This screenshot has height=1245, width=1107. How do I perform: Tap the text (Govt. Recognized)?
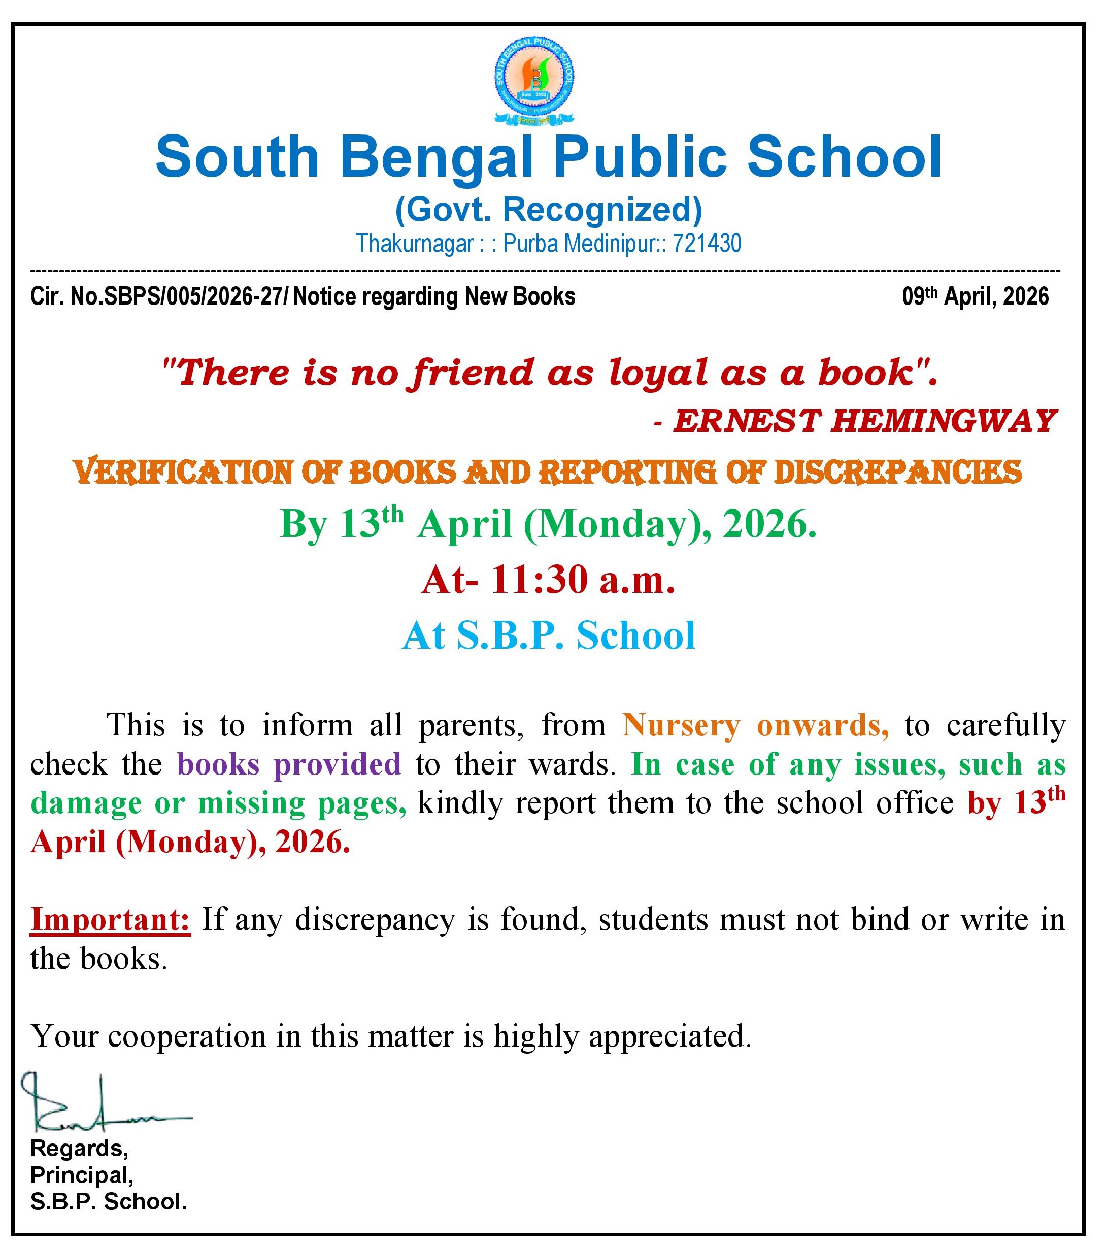point(548,210)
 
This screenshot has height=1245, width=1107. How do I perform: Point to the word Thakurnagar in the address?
point(414,244)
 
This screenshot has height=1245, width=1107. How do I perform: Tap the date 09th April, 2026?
point(976,296)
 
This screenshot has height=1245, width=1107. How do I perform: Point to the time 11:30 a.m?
point(584,579)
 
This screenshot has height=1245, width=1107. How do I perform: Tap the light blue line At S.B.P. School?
point(548,635)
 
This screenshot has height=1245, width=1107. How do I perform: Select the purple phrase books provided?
point(289,764)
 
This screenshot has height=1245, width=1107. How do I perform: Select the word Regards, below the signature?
point(79,1148)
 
